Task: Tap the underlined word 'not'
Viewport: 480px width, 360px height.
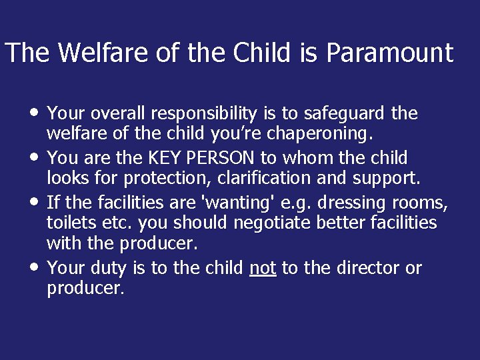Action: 263,268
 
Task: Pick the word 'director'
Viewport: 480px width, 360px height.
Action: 365,267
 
